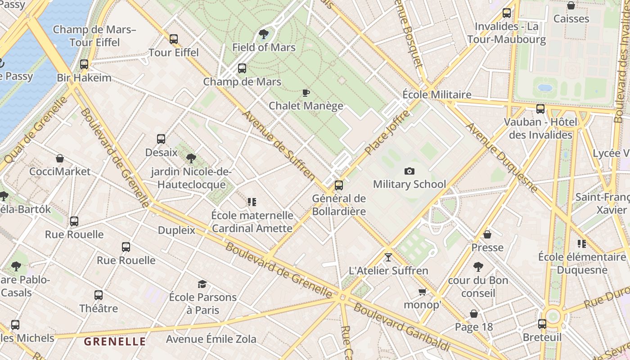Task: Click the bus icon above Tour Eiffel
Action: tap(174, 39)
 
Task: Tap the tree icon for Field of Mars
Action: tap(264, 34)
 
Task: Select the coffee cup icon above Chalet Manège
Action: tap(306, 93)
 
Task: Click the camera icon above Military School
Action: tap(409, 171)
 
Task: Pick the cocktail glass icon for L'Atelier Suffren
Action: tap(388, 257)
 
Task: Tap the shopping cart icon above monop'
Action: tap(422, 292)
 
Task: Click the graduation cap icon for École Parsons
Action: tap(202, 284)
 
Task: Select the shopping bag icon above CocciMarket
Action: tap(60, 158)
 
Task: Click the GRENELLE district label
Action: tap(115, 341)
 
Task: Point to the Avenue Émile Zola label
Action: tap(211, 339)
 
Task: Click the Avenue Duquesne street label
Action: tap(502, 157)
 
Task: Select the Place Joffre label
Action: tap(388, 132)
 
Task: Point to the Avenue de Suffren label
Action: tap(279, 145)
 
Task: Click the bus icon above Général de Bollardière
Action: tap(339, 185)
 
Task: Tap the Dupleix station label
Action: tap(176, 230)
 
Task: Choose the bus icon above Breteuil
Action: tap(542, 324)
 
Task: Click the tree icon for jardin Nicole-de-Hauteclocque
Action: tap(191, 158)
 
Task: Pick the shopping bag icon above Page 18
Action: tap(474, 314)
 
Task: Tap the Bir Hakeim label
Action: tap(84, 77)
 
